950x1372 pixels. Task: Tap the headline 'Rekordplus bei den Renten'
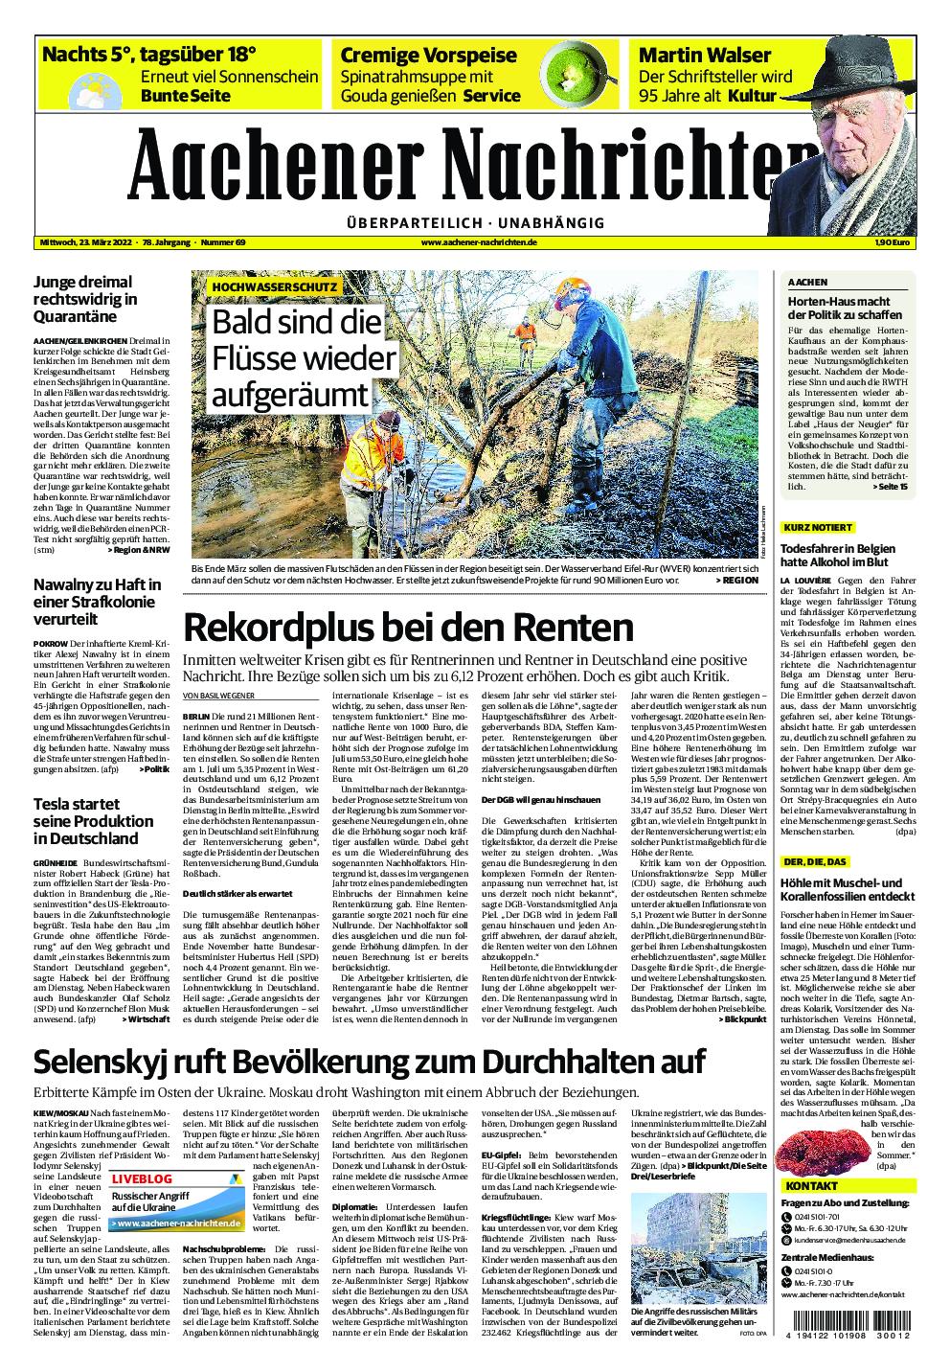click(x=408, y=627)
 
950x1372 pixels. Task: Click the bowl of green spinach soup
click(x=566, y=73)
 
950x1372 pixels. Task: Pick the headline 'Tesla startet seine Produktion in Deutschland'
click(x=93, y=821)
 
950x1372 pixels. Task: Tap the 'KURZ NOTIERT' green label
click(x=818, y=528)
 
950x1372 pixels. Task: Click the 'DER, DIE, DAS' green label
click(x=814, y=862)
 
